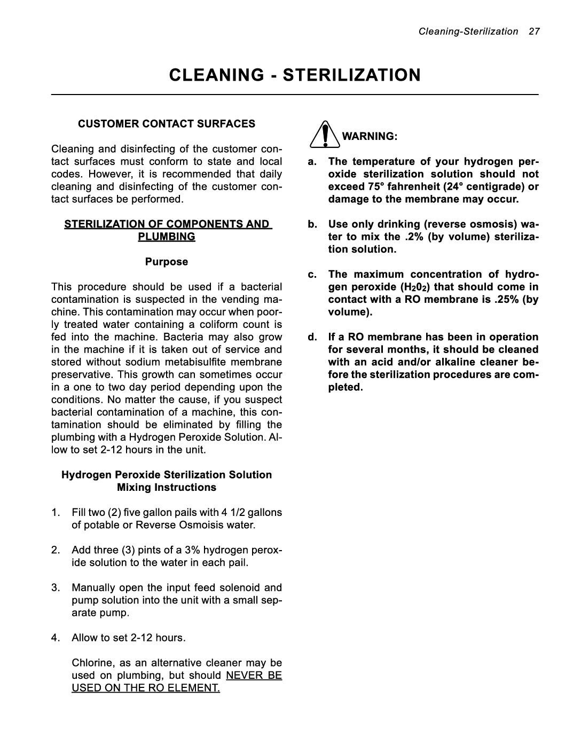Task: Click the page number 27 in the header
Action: click(534, 32)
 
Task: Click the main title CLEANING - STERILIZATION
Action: click(295, 75)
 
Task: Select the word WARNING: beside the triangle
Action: click(370, 136)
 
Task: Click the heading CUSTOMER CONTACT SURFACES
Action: click(167, 124)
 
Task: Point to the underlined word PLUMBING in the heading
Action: click(167, 237)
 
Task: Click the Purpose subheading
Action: click(167, 262)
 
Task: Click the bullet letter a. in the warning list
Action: click(312, 161)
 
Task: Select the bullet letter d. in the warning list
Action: click(312, 337)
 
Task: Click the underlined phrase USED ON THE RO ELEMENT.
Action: click(146, 688)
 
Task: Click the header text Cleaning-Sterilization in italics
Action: click(468, 32)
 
